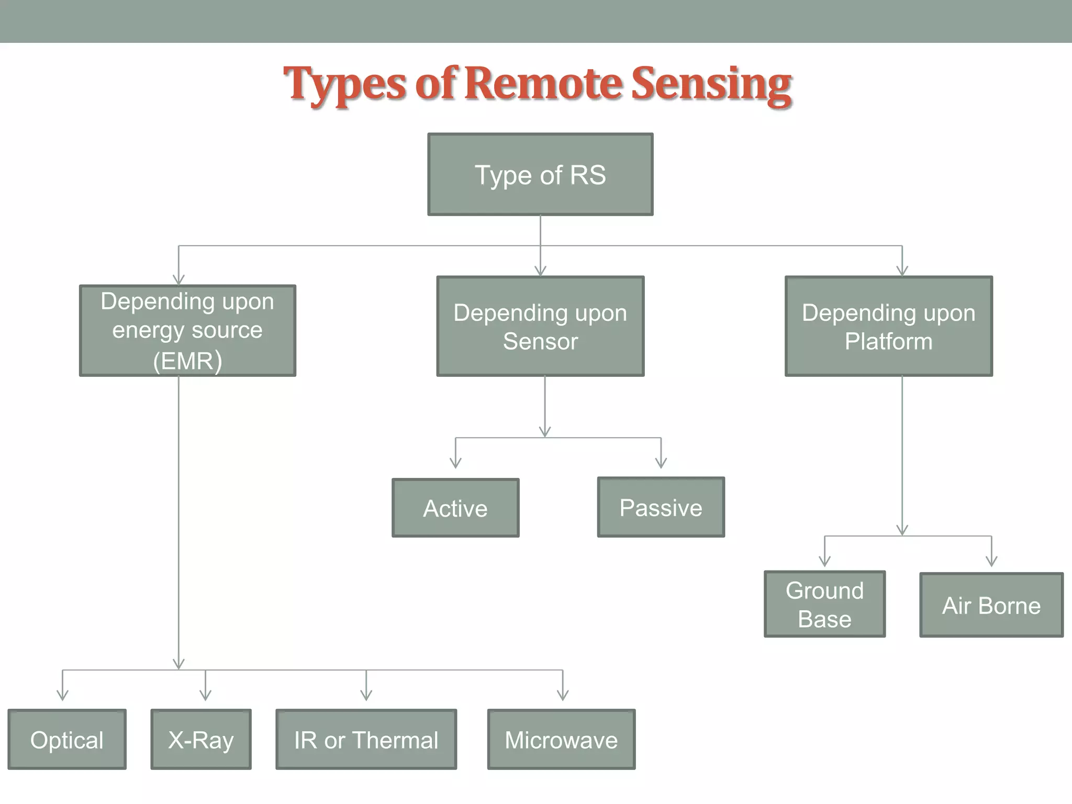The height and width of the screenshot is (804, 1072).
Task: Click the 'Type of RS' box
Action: pos(540,174)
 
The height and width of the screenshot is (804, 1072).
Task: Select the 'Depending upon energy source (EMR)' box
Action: pos(187,330)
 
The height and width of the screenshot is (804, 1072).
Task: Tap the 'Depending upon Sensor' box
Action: pos(540,326)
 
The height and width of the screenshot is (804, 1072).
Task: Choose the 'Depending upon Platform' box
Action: pos(888,326)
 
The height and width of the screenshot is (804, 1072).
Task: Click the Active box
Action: pos(455,508)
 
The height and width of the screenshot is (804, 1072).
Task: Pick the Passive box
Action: pos(661,507)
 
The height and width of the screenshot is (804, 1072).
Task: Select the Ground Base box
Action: pos(824,604)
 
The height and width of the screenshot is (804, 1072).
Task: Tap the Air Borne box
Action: pos(991,605)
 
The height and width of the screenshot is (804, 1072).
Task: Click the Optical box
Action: pos(67,740)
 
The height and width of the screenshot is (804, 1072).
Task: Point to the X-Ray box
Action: pos(201,740)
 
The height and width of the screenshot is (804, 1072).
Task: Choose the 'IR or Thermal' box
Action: pos(366,740)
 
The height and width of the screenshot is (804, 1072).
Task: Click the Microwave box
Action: pos(561,740)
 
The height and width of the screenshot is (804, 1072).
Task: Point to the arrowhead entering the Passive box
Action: pos(661,463)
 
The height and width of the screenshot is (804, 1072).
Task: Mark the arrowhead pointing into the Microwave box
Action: pos(563,695)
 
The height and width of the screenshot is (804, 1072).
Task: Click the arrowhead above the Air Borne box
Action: pos(991,561)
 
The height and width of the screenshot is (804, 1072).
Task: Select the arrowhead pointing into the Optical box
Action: pos(62,695)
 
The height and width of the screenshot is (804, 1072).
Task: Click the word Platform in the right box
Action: pos(888,341)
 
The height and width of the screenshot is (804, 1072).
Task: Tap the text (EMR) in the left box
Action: pos(187,361)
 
